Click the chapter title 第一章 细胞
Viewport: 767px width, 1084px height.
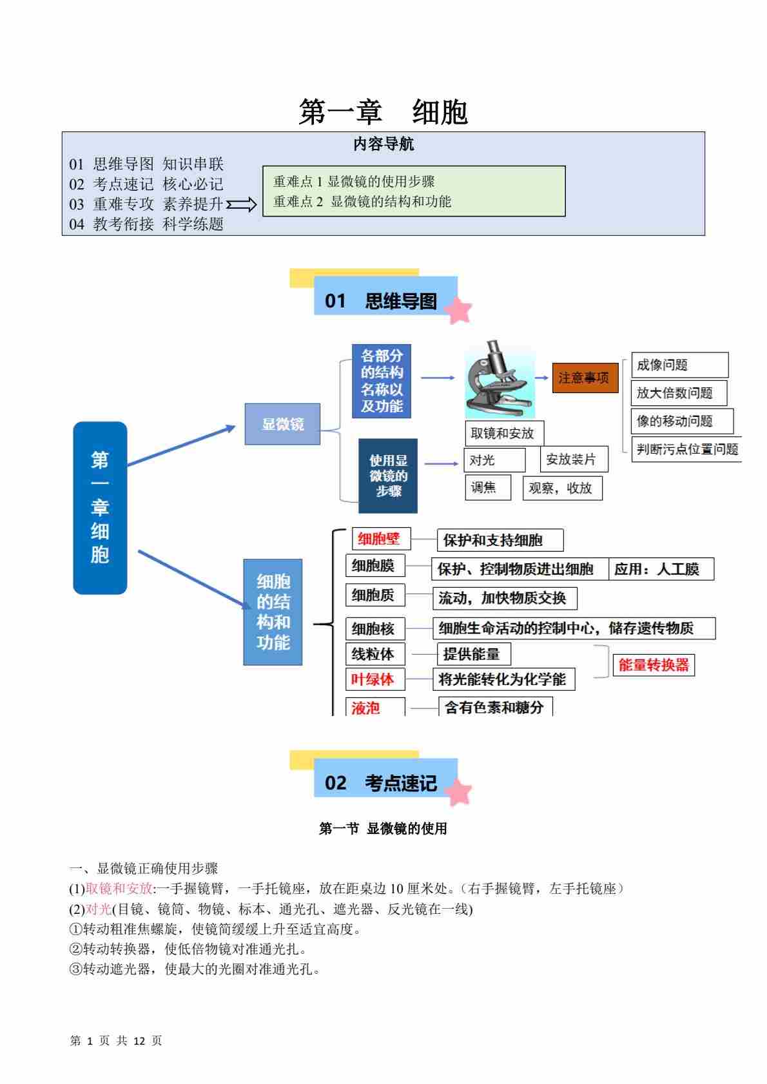pos(383,112)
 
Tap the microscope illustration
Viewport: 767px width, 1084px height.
pos(500,380)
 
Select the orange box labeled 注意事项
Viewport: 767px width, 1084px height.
pos(584,378)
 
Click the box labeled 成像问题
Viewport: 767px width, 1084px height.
pos(679,365)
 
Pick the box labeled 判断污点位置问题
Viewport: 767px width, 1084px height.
pos(686,449)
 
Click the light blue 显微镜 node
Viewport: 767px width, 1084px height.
pos(282,424)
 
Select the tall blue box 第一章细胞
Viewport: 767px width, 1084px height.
pos(100,507)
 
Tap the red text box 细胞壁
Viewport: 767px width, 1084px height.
pos(380,539)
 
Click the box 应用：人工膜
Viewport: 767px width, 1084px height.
pos(661,569)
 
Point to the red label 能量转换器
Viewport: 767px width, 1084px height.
pos(654,665)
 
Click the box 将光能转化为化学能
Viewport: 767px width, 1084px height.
pos(503,679)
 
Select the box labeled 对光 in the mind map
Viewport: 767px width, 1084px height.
pos(494,460)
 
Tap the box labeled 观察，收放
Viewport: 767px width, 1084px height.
pos(562,488)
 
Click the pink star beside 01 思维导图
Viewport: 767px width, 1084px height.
pos(458,310)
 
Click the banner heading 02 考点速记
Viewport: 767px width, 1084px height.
pos(385,782)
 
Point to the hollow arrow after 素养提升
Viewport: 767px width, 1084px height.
pos(242,205)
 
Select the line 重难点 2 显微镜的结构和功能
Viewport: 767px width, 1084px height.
pos(362,202)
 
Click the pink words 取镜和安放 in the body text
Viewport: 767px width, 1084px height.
pos(119,889)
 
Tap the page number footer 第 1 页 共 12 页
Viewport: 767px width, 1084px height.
pos(116,1040)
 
